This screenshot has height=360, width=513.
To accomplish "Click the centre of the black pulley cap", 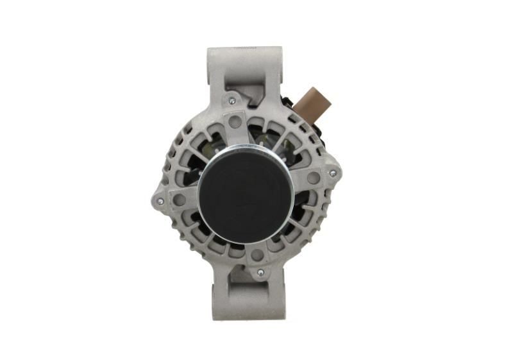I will click(x=246, y=193).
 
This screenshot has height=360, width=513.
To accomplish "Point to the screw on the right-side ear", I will click(x=332, y=173).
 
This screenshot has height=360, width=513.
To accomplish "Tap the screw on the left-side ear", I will click(x=160, y=201).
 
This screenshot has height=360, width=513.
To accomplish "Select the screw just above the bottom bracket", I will click(x=260, y=273).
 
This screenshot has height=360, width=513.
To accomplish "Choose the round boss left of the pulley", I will click(x=180, y=200).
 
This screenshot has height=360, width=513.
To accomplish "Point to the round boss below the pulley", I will click(x=256, y=255).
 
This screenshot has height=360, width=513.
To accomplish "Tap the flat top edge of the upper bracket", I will click(x=246, y=49).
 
